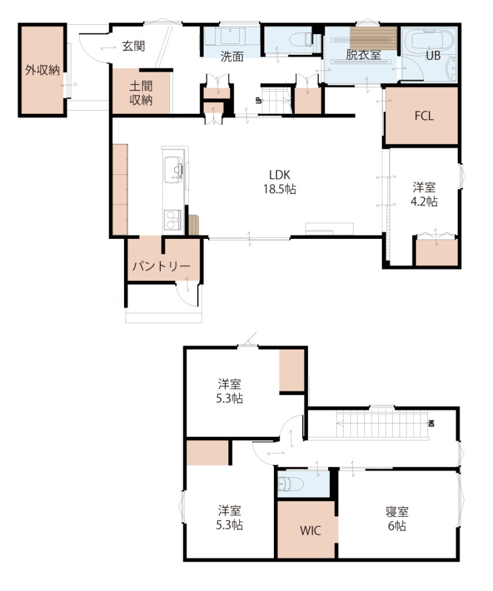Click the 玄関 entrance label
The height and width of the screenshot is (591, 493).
click(x=133, y=46)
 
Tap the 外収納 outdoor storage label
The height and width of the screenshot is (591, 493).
click(x=42, y=70)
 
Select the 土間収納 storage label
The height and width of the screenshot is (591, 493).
click(x=141, y=93)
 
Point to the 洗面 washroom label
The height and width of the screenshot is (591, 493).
click(x=232, y=57)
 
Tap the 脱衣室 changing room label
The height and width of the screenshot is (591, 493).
click(x=363, y=55)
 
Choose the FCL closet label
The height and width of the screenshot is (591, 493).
click(x=424, y=115)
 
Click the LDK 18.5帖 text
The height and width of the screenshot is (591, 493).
click(x=280, y=182)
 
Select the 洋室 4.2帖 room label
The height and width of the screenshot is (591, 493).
click(x=424, y=194)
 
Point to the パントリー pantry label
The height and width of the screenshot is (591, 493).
click(x=161, y=267)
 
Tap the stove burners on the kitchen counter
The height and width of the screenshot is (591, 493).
click(x=172, y=220)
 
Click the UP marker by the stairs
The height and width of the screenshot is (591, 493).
click(x=258, y=100)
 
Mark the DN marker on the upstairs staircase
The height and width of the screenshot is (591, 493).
click(x=432, y=423)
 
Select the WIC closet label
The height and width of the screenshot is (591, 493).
click(x=310, y=531)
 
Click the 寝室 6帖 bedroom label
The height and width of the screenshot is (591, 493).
click(x=397, y=519)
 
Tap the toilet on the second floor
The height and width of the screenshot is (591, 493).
click(x=290, y=484)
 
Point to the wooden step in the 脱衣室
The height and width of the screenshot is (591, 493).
click(x=374, y=39)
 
